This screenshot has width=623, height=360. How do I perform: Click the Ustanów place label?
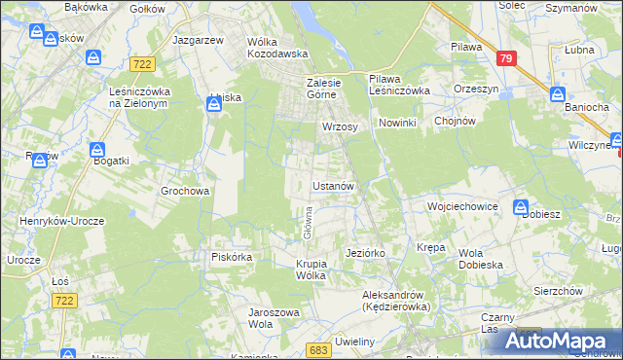pyautogui.click(x=338, y=185)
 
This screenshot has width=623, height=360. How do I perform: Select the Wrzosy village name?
pyautogui.click(x=341, y=126)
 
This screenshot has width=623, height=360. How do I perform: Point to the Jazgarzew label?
pyautogui.click(x=198, y=40)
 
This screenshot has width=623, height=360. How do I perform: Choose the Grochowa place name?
pyautogui.click(x=185, y=192)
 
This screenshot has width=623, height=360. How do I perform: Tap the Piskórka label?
pyautogui.click(x=232, y=258)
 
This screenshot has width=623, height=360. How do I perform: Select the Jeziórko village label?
pyautogui.click(x=367, y=253)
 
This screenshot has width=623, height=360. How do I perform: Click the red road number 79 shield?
pyautogui.click(x=504, y=59)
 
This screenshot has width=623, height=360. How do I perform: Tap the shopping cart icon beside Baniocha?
pyautogui.click(x=558, y=94)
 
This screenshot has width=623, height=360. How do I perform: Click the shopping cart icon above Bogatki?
pyautogui.click(x=97, y=151)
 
